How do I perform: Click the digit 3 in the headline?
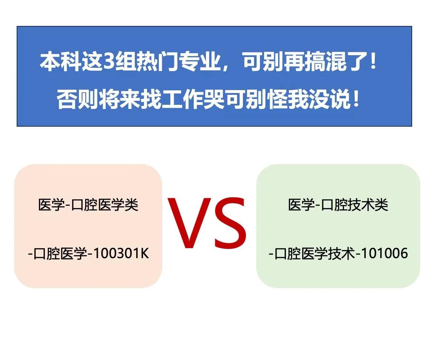point(108,62)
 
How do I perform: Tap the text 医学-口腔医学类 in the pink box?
point(88,204)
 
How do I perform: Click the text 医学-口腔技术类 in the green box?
point(338,204)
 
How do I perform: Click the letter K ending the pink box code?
point(144,254)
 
